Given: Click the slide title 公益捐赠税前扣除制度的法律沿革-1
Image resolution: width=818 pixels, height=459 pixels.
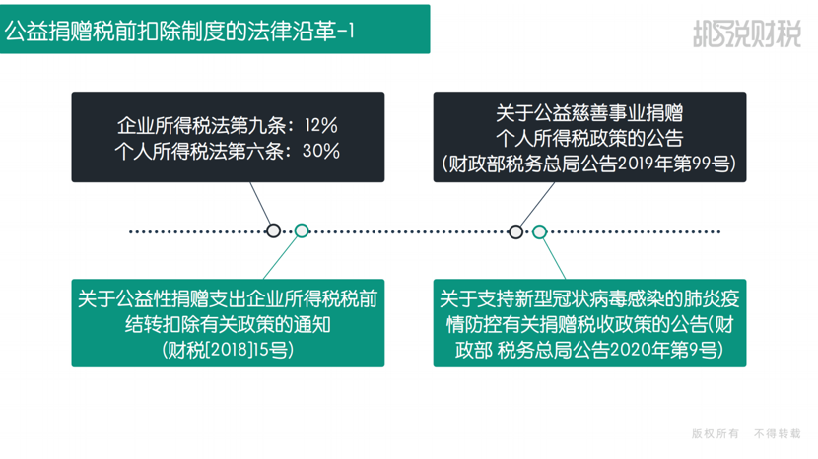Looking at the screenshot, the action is pos(179,32).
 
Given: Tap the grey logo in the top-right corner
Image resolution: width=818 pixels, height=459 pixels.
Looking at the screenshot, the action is pos(746,33).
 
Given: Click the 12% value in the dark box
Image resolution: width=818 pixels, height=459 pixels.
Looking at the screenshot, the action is pos(321,126).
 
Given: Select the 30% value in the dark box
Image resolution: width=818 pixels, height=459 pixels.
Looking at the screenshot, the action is pos(321,152).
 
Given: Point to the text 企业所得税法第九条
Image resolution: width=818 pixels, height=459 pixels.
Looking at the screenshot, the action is pos(201,126).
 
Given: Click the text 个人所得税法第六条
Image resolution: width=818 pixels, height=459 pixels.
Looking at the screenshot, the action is pos(199,152).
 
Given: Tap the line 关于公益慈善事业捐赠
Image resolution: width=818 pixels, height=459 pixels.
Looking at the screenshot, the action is pos(589,112).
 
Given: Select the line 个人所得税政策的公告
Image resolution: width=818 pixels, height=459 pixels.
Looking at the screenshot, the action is pos(589,138).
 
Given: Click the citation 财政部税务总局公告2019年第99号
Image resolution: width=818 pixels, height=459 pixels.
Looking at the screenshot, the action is pos(589,164).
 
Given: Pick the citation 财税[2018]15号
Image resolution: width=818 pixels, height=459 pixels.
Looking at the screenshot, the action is pos(228,350).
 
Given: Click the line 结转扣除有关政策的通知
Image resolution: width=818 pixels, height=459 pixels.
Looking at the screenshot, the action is pos(228,324).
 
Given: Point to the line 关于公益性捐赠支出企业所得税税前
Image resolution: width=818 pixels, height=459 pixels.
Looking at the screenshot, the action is pos(228,298).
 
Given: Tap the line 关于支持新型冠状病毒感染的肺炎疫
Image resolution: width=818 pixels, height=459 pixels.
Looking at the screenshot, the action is pos(589,298).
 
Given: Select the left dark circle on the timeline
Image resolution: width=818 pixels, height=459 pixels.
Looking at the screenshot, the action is pos(273,230).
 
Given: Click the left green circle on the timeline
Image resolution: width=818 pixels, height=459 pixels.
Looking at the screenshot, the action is pos(302,230).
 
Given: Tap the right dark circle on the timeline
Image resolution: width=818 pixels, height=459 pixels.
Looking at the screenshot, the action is pos(515,231).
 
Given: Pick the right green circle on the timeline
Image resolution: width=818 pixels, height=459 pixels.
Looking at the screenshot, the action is pos(539,231).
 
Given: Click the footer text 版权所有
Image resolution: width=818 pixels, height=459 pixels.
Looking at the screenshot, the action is pos(716,434).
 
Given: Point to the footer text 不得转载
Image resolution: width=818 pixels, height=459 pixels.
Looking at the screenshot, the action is pos(778,434).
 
